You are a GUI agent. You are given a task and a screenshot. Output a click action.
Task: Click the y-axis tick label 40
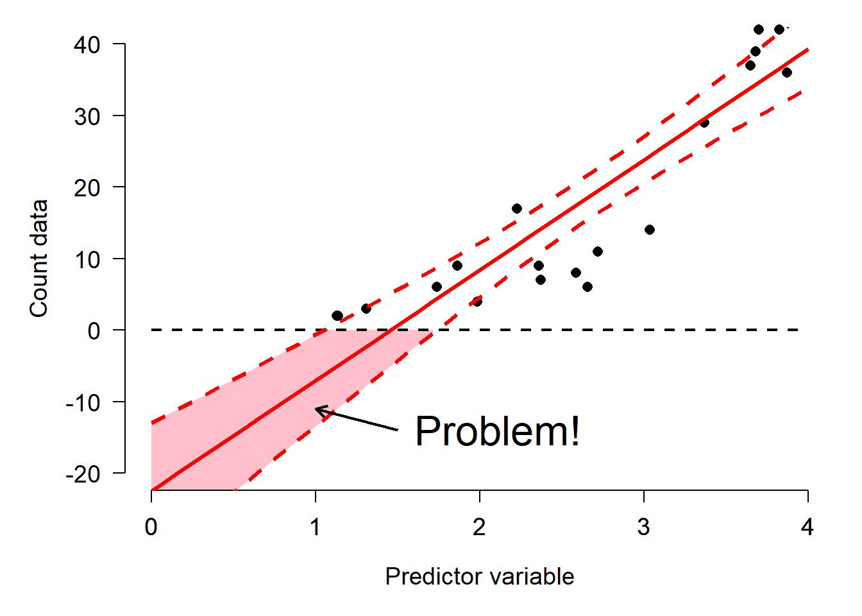pyautogui.click(x=87, y=45)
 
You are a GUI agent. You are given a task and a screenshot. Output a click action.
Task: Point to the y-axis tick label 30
pyautogui.click(x=87, y=117)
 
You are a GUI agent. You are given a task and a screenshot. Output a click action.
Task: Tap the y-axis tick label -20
pyautogui.click(x=83, y=475)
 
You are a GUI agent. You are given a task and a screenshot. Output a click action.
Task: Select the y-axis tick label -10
pyautogui.click(x=83, y=403)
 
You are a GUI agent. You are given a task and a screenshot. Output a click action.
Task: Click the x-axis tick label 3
pyautogui.click(x=643, y=527)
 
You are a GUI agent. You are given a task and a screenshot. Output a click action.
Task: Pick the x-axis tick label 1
pyautogui.click(x=315, y=527)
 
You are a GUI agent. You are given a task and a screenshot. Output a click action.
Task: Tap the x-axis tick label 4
pyautogui.click(x=807, y=527)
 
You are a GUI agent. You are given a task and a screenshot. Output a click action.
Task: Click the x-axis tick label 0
pyautogui.click(x=151, y=527)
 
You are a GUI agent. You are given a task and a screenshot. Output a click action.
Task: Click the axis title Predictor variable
pyautogui.click(x=480, y=576)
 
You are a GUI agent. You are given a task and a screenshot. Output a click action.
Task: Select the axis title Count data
pyautogui.click(x=38, y=259)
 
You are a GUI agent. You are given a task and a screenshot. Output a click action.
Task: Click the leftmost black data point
pyautogui.click(x=337, y=316)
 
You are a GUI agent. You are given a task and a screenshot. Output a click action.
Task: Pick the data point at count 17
pyautogui.click(x=517, y=209)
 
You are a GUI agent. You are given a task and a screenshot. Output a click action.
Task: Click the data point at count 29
pyautogui.click(x=704, y=123)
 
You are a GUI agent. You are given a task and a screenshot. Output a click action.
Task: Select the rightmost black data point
pyautogui.click(x=787, y=73)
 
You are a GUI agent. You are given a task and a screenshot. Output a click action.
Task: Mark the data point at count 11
pyautogui.click(x=598, y=252)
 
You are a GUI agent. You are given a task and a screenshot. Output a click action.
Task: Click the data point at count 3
pyautogui.click(x=366, y=309)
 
